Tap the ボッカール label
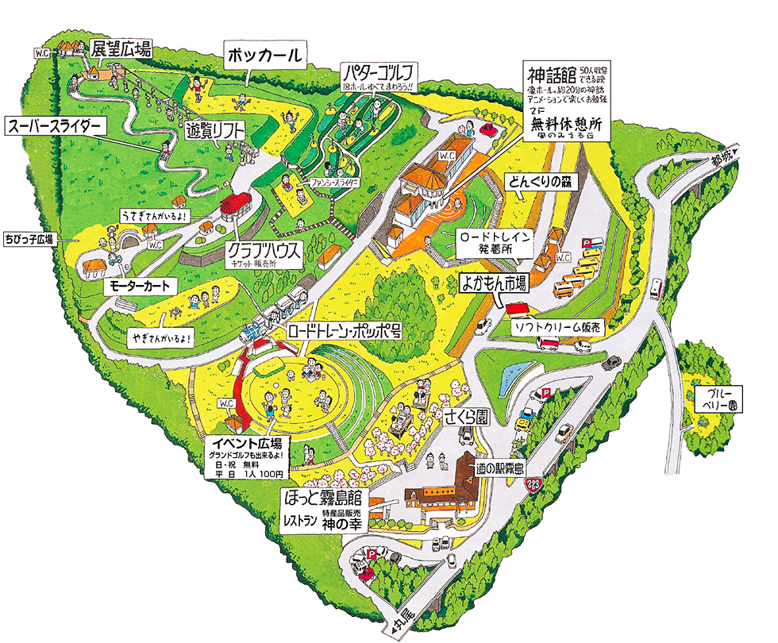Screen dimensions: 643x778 click(x=264, y=56)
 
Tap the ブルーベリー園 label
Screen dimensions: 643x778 click(x=717, y=399)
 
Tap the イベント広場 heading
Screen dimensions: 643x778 click(x=248, y=442)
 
